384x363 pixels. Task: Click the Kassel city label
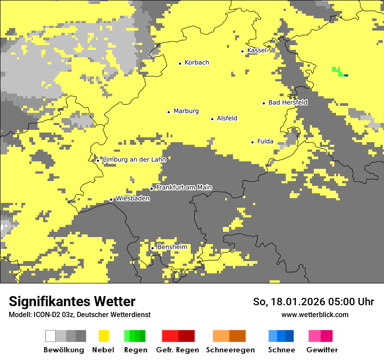click(257, 50)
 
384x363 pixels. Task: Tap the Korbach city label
click(196, 63)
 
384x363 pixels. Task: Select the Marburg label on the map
click(186, 111)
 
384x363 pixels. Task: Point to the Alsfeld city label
click(227, 118)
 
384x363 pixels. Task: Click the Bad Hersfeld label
click(288, 102)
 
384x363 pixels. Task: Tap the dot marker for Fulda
click(252, 142)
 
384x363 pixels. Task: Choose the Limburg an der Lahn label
click(134, 160)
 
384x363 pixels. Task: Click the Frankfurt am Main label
click(184, 188)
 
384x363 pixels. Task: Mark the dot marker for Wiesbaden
click(111, 200)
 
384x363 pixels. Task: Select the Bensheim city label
click(172, 247)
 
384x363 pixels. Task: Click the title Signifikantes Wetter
click(72, 301)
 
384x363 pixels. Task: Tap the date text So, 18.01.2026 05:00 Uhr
click(313, 302)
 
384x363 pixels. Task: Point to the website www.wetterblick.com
click(315, 314)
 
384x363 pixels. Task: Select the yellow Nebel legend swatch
click(104, 336)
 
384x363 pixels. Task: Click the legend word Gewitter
click(322, 350)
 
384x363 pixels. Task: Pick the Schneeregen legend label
click(230, 350)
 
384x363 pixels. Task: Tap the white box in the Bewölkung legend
click(51, 336)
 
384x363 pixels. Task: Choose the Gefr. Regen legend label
click(177, 350)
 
